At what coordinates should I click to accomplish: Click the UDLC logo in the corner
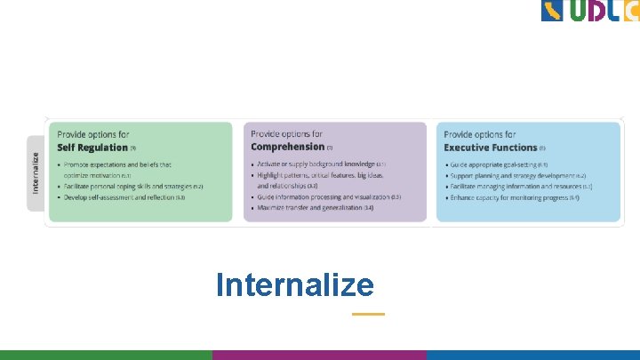pos(589,12)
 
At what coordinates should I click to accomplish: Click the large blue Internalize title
pos(294,285)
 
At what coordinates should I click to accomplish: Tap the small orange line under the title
pos(368,314)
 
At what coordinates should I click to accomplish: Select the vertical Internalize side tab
pos(36,172)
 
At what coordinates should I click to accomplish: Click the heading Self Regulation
pos(92,148)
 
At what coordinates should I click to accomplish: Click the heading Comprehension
pos(287,147)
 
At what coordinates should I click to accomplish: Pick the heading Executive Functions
pos(490,148)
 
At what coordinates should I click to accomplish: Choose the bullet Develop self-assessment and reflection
pos(121,197)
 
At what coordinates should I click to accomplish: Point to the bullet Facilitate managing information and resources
pos(520,187)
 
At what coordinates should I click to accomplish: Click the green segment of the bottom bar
pos(106,355)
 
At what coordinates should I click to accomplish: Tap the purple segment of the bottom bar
pos(319,355)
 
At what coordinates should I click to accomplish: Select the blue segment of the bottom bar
pos(532,355)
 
